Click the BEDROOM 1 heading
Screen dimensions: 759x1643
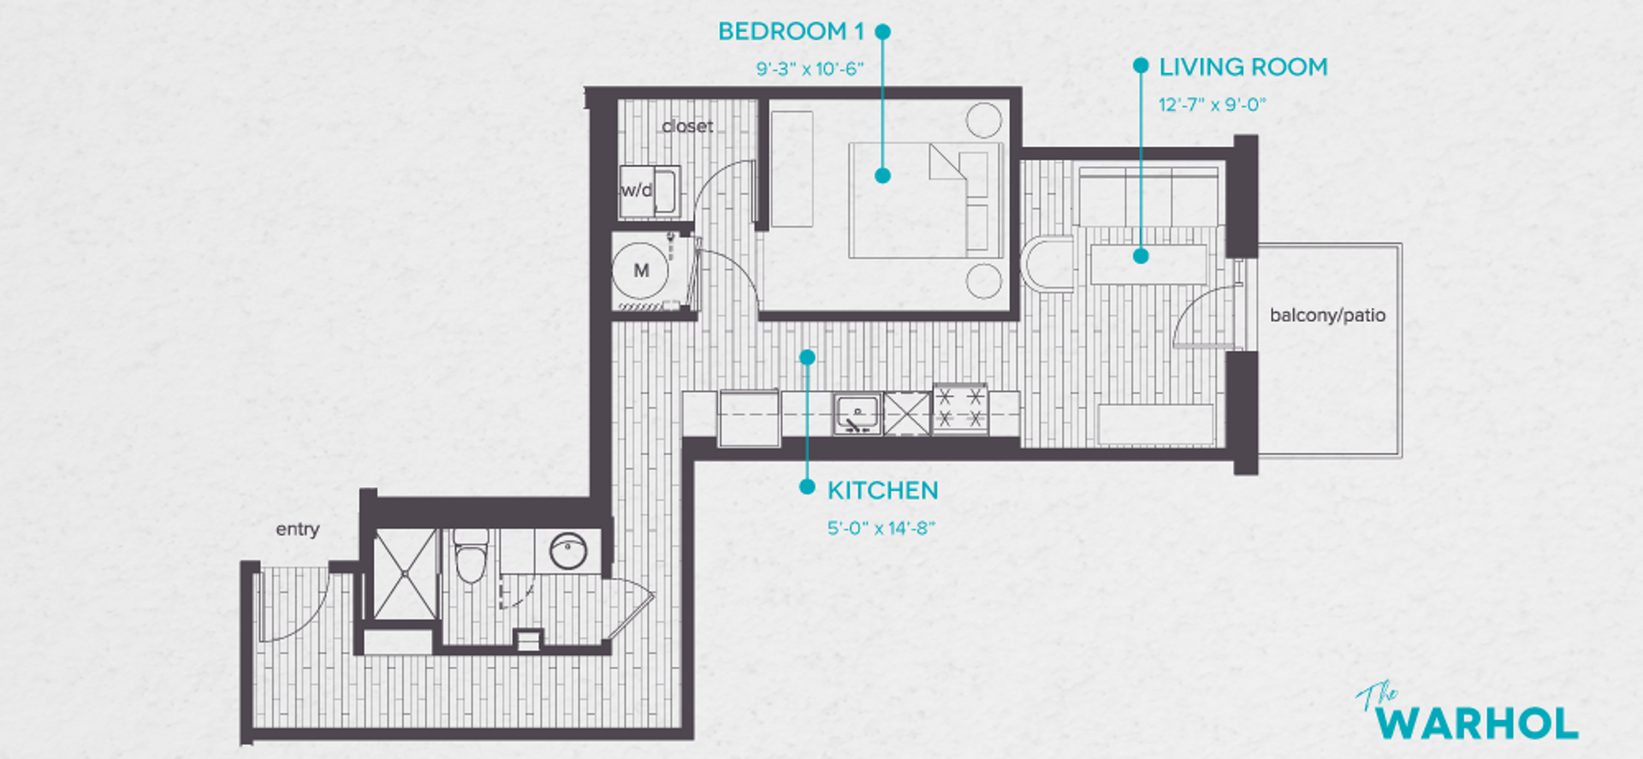(x=790, y=32)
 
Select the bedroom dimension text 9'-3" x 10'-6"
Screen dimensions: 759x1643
(x=810, y=69)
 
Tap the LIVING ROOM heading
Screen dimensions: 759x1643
(x=1243, y=67)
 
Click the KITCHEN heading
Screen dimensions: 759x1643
(x=882, y=490)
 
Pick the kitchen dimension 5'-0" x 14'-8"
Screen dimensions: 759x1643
(x=881, y=528)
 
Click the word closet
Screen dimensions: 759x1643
(x=687, y=127)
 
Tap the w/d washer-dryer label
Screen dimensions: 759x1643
(x=636, y=190)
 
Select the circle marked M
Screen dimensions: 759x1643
(x=641, y=270)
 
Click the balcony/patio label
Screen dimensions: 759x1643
(x=1327, y=315)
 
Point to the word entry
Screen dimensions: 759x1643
(x=297, y=529)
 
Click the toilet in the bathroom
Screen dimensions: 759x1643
(x=471, y=556)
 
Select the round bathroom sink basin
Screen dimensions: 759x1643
(x=567, y=551)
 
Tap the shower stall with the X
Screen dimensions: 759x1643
(x=406, y=573)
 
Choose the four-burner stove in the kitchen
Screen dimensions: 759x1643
(x=960, y=408)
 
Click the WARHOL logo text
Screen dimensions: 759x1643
(x=1477, y=723)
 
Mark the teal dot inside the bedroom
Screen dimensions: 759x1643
(x=882, y=175)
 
